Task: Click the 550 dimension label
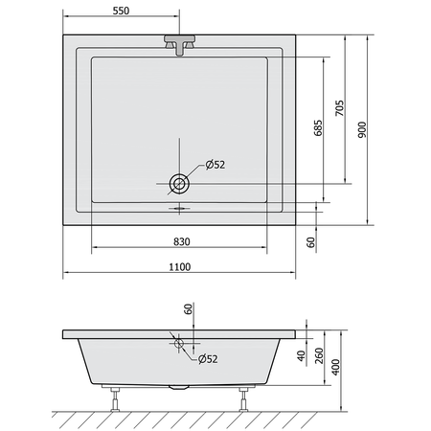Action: click(121, 11)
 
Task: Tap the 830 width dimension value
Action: click(182, 242)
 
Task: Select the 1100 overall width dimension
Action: click(180, 267)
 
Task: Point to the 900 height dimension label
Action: click(362, 129)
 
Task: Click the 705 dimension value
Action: click(340, 108)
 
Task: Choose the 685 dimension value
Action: click(318, 128)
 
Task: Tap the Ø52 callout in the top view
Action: click(215, 165)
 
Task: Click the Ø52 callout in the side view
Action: click(208, 359)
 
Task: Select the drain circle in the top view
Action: click(179, 184)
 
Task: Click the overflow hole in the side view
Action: click(179, 344)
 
